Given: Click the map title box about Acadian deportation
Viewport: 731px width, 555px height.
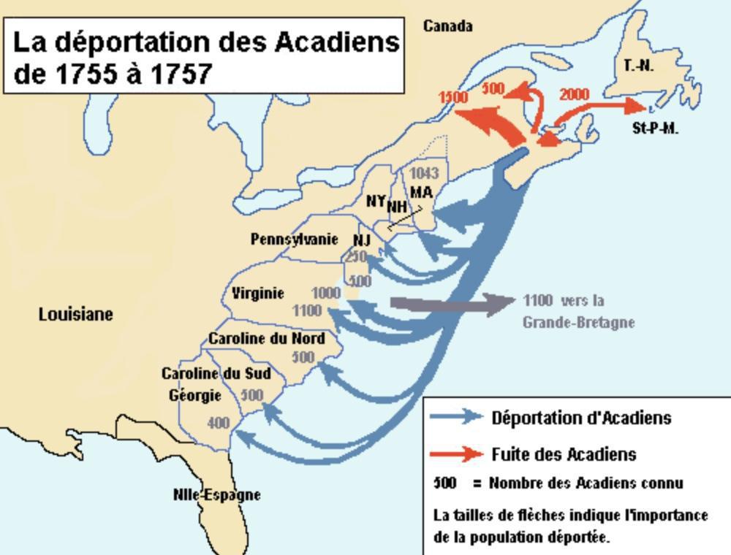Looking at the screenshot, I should (x=205, y=56).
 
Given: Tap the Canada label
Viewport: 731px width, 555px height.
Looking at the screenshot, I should (x=447, y=26).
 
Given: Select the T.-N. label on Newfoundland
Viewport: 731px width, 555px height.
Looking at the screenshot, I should (x=638, y=66).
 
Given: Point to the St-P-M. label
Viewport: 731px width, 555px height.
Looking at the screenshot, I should (x=655, y=129).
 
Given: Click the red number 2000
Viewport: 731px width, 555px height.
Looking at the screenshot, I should (x=574, y=94).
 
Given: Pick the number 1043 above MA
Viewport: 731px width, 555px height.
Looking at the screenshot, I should (x=424, y=173).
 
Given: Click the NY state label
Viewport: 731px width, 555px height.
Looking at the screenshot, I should (x=376, y=199).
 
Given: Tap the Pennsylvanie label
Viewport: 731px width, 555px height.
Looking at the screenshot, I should (x=294, y=239).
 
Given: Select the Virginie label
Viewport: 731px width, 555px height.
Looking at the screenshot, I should (x=258, y=294).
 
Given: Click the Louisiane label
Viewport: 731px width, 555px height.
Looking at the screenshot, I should (x=76, y=314).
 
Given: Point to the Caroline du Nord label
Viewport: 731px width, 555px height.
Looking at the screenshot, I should (x=267, y=339).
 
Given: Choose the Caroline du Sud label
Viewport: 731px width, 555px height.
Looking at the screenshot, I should (x=216, y=374).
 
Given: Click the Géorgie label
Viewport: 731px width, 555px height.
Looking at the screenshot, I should (x=195, y=395).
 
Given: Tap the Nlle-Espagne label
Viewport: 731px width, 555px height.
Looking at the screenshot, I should (x=217, y=494).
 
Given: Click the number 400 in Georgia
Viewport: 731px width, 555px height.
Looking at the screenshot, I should (x=218, y=423).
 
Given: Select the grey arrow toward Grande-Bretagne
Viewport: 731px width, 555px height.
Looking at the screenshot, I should (x=453, y=302).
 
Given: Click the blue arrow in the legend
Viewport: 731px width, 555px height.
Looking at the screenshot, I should (x=457, y=417).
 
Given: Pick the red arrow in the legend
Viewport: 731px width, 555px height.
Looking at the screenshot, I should (x=457, y=454).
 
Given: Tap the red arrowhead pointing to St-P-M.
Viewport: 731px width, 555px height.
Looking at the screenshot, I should (x=630, y=106).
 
